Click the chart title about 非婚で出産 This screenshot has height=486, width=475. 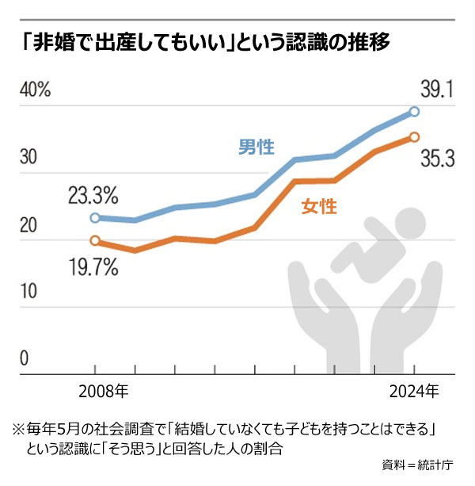tap(207, 40)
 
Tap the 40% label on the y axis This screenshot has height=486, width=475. tap(35, 89)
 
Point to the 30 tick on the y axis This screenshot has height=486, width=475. tap(29, 157)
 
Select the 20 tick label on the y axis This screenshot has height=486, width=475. tap(29, 225)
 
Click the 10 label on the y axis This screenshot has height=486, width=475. tap(29, 293)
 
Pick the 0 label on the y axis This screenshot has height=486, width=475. tap(24, 360)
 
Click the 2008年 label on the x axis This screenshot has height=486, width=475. tap(104, 391)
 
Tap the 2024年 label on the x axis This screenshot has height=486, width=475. tap(414, 391)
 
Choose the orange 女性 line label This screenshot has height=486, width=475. tap(318, 208)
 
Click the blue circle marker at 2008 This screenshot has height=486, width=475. tap(95, 217)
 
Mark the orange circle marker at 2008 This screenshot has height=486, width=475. tap(95, 240)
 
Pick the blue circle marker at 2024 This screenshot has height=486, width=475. tap(414, 112)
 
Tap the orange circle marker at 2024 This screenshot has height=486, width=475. tap(414, 137)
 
